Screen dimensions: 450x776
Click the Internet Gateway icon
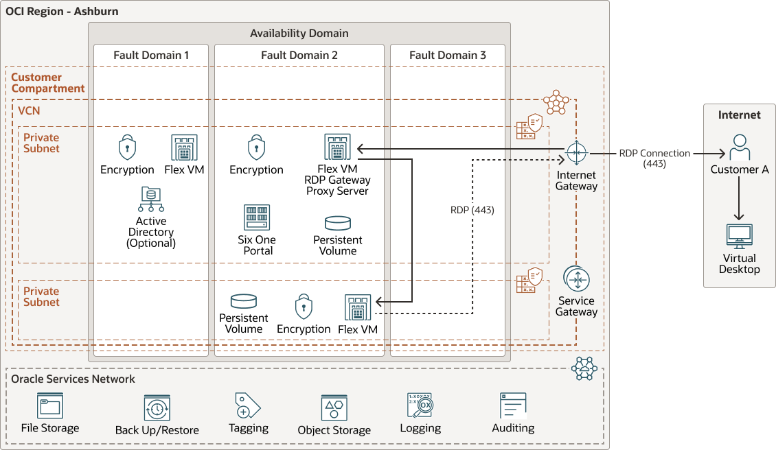(575, 153)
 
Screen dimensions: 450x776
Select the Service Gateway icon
(576, 279)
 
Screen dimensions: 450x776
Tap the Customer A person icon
(739, 147)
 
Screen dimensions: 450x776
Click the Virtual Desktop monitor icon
(739, 237)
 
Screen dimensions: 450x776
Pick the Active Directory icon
(150, 200)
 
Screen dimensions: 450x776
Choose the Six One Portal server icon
(257, 217)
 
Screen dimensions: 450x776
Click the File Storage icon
(50, 405)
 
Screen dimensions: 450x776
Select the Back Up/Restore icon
(157, 407)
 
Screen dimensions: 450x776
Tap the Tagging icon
(248, 405)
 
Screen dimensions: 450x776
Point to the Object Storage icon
(334, 407)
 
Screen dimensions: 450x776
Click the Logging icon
(420, 405)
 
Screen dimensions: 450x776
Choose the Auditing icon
(513, 405)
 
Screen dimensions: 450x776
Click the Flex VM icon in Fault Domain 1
(184, 147)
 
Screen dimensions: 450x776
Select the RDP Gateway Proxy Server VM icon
(337, 147)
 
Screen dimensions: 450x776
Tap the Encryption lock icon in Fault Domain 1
(127, 147)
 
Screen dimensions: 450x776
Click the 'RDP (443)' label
(472, 211)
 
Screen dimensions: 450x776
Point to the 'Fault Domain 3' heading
(448, 55)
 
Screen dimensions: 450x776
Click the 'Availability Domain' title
(299, 33)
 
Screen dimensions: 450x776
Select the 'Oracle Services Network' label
(73, 379)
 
